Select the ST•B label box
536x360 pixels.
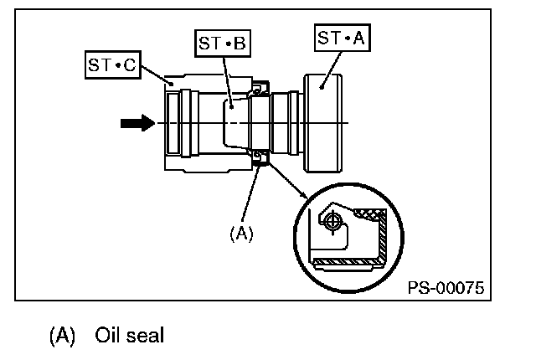point(222,44)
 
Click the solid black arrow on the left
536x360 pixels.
point(137,123)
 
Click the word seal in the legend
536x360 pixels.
point(146,336)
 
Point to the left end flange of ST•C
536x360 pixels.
point(173,123)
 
